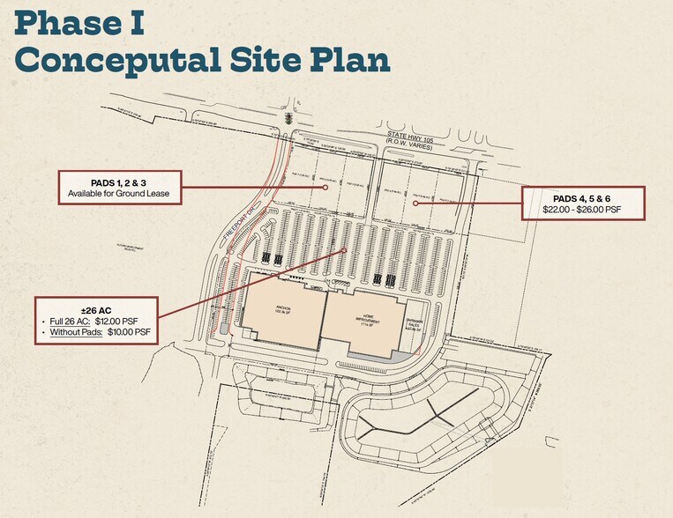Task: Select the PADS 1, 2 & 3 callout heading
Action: pos(118,181)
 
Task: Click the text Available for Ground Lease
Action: pos(118,193)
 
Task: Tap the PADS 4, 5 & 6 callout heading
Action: pos(584,198)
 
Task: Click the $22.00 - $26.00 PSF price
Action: pos(584,210)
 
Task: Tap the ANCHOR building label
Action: pos(284,308)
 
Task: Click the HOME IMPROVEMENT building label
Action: pos(365,318)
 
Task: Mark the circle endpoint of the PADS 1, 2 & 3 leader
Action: pos(325,187)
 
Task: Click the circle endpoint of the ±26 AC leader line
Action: pos(342,251)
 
